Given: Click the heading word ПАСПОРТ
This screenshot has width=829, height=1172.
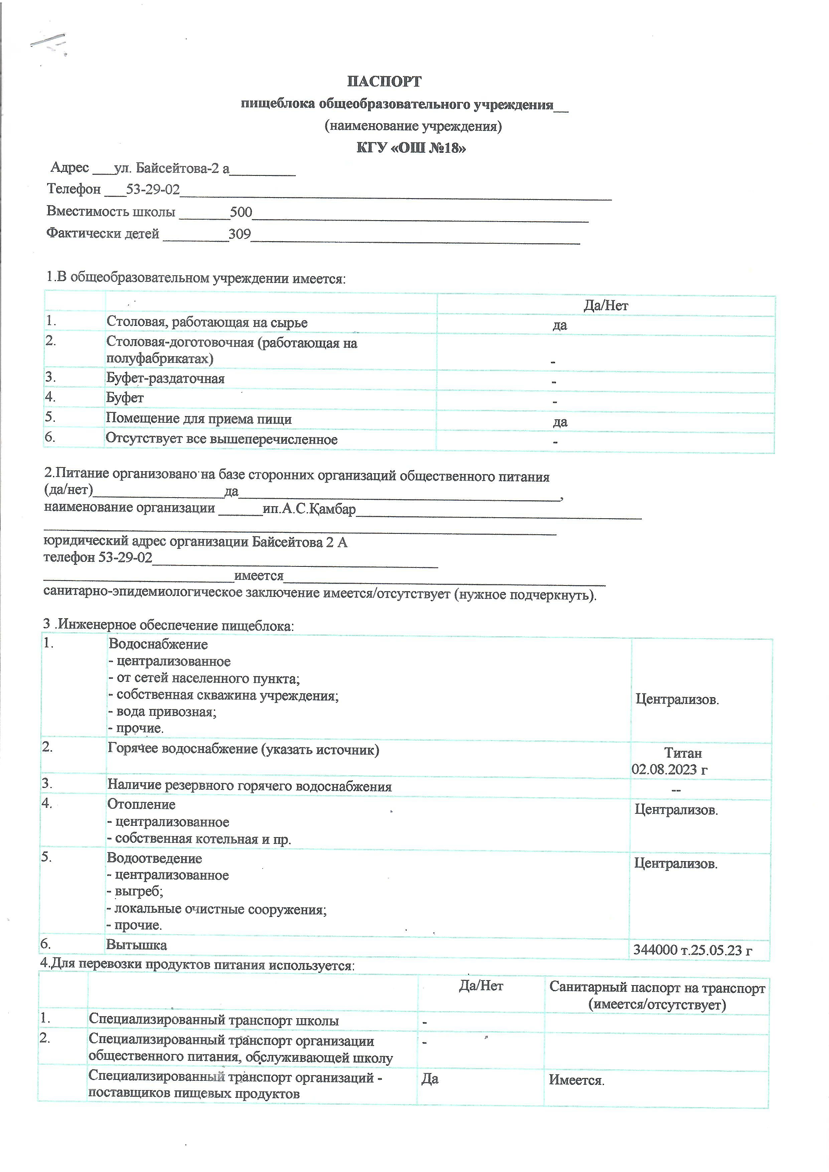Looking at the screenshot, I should (x=384, y=82).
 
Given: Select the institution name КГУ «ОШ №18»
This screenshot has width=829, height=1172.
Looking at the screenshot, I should (x=411, y=148).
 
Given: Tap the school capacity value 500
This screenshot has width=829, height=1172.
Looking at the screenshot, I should (x=241, y=212).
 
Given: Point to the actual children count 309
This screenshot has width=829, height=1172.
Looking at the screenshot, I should (x=239, y=234).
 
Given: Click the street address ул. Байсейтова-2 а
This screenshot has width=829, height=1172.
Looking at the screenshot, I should (x=171, y=168).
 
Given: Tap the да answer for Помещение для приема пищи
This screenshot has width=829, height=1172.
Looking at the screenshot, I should (x=560, y=422).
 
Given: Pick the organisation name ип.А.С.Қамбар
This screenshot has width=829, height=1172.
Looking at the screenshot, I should (x=309, y=509).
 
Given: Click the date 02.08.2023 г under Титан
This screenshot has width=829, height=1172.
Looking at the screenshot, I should (x=669, y=769).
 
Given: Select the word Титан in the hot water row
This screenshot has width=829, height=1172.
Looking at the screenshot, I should (x=683, y=753).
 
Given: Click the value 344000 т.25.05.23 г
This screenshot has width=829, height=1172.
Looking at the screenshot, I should (x=692, y=950).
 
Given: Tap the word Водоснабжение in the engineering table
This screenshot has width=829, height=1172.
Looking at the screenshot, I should (x=158, y=644).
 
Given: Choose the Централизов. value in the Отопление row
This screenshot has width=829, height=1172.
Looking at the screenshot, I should (x=676, y=810).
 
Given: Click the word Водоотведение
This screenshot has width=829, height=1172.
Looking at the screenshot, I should (x=154, y=858).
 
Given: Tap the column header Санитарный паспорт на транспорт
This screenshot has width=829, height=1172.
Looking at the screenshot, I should (x=657, y=988).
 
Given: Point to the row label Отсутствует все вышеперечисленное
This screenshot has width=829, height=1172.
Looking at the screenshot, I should (x=222, y=439).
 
